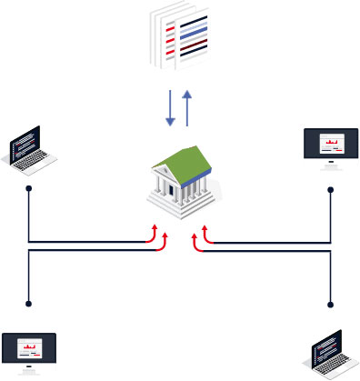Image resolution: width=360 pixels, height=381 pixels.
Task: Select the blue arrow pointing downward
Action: [x=169, y=108]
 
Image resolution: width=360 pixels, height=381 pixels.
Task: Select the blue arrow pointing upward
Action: [x=187, y=107]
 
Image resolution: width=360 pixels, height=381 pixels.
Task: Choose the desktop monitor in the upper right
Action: [x=330, y=148]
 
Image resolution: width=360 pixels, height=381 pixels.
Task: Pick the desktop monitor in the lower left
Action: [x=29, y=353]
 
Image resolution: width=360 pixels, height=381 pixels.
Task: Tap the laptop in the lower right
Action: [x=330, y=353]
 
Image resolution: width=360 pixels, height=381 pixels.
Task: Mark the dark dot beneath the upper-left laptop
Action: [x=29, y=189]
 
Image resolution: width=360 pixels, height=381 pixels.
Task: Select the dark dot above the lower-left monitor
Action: [x=29, y=304]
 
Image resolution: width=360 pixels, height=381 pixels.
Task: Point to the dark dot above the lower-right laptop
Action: [x=331, y=304]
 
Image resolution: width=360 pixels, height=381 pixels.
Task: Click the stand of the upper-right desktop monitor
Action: [x=330, y=165]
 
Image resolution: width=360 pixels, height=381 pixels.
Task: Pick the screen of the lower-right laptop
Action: [x=325, y=346]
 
